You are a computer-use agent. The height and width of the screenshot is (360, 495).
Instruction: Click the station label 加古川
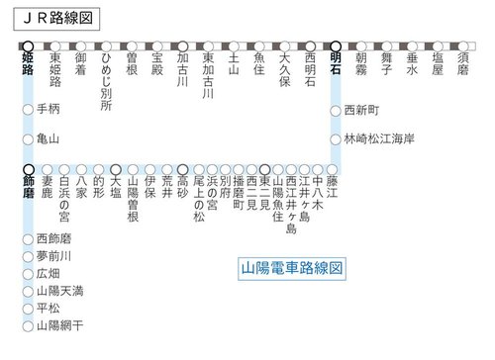coord(182,70)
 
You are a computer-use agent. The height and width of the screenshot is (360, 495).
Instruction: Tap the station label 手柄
coord(48,108)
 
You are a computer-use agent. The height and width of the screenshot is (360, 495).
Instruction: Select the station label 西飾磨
coord(53,237)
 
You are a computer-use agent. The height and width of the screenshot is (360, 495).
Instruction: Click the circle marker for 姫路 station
coord(29,45)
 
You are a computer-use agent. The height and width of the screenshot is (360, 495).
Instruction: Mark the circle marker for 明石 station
coord(336,45)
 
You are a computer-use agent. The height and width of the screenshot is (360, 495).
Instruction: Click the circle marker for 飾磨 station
coord(29,168)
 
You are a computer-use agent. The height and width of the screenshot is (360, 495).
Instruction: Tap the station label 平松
coord(48,308)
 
